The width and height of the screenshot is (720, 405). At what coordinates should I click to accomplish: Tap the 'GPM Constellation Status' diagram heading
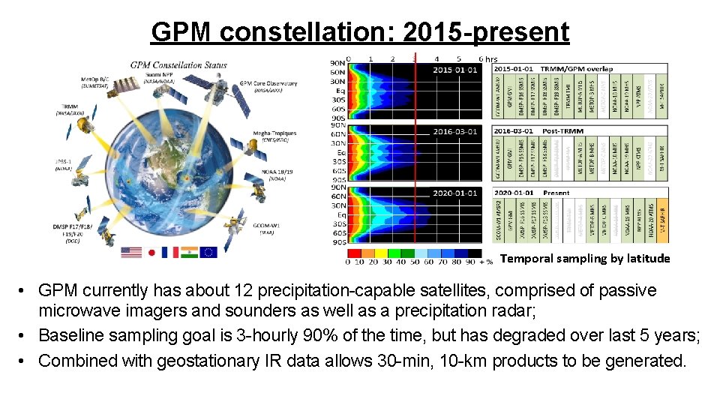pos(178,65)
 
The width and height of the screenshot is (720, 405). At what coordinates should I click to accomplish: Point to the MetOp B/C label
pos(100,81)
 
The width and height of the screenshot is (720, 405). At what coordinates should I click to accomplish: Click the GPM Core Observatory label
pos(268,87)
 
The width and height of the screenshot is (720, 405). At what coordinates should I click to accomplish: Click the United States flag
pos(131,252)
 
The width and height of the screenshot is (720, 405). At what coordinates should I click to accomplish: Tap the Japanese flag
pos(151,252)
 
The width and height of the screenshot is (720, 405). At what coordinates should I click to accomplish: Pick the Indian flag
pos(188,252)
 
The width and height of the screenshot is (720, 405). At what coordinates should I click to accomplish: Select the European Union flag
pos(208,252)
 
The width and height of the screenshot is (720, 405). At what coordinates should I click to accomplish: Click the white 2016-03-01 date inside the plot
pos(454,131)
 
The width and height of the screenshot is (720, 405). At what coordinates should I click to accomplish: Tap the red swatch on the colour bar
pos(353,253)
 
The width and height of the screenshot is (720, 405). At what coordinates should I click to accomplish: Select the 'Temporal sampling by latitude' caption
pos(585,259)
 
